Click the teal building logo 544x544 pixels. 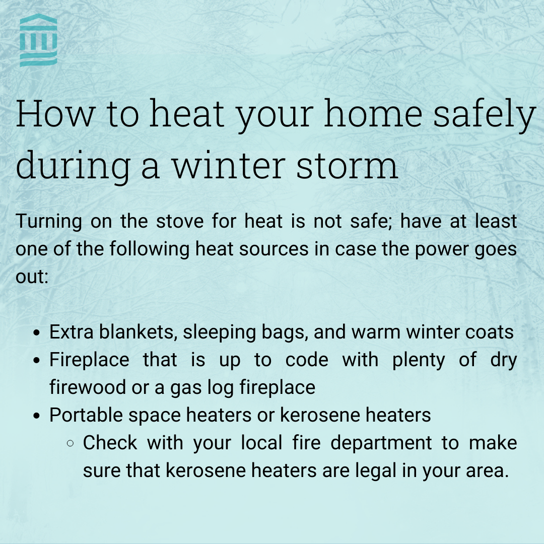pyautogui.click(x=38, y=40)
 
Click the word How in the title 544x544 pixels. pyautogui.click(x=55, y=115)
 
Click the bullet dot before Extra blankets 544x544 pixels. pyautogui.click(x=36, y=333)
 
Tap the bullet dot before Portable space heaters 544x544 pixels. pyautogui.click(x=36, y=416)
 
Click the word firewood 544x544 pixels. pyautogui.click(x=86, y=388)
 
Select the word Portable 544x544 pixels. pyautogui.click(x=86, y=416)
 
